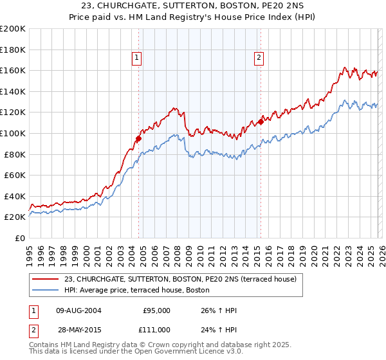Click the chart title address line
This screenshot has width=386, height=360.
(x=192, y=6)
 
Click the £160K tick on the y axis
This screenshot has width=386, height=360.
(x=13, y=70)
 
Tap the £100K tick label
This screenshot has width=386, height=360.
(x=13, y=133)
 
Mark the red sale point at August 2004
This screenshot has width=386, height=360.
(x=138, y=138)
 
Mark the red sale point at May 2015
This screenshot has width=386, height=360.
(x=261, y=121)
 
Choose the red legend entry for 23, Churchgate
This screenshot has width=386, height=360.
(x=180, y=279)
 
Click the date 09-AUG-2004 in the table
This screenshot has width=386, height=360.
(x=78, y=310)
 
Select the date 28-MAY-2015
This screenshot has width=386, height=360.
(x=78, y=329)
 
